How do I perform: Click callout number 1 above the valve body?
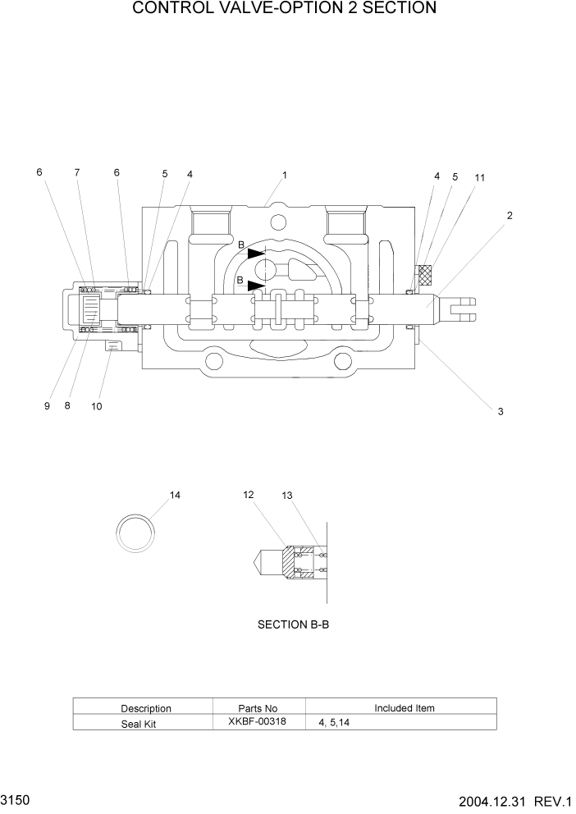point(284,175)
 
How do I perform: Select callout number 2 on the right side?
point(510,216)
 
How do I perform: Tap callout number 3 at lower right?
point(500,412)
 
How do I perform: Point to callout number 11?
point(480,177)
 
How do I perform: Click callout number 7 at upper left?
point(77,172)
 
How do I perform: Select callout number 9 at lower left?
point(48,406)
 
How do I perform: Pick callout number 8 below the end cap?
point(67,406)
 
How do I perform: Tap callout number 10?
point(97,406)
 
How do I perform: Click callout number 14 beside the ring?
point(175,495)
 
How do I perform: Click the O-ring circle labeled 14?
point(135,533)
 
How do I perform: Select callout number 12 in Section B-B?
point(249,494)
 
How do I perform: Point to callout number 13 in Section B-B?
point(286,495)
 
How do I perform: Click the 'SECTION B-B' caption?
point(293,624)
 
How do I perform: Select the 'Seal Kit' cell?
point(139,723)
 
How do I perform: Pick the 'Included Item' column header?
point(405,707)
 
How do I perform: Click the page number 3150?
point(16,798)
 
